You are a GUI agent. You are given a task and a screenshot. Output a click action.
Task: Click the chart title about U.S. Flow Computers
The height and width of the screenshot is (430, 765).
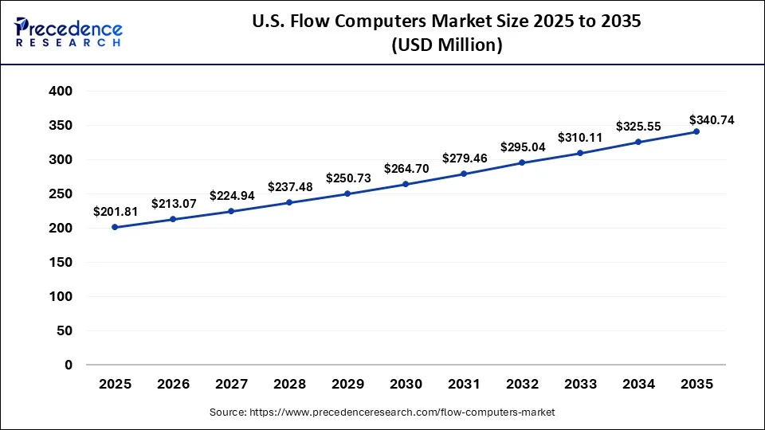tap(445, 22)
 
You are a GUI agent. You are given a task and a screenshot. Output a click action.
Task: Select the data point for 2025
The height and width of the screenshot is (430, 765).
tap(115, 227)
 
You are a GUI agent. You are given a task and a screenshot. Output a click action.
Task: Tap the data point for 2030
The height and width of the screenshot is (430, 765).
tap(406, 184)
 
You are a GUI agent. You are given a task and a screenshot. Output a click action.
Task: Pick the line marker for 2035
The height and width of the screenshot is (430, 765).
tap(696, 131)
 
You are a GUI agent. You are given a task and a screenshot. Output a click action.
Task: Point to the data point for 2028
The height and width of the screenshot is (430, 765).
tap(289, 202)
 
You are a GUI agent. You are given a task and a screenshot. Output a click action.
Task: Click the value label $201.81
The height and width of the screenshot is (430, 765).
tap(116, 212)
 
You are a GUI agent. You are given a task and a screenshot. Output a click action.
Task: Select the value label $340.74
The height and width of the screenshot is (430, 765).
tap(712, 120)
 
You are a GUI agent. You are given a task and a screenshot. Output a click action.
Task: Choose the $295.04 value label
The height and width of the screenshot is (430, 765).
tap(523, 147)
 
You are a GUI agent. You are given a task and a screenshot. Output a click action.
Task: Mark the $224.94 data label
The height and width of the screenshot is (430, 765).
tap(232, 195)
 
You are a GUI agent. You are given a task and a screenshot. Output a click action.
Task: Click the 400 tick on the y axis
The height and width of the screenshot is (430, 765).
tap(62, 92)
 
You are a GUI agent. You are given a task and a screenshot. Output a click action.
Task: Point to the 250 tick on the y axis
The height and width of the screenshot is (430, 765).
tap(62, 194)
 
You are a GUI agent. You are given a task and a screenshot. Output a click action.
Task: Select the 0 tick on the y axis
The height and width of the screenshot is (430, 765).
tap(69, 365)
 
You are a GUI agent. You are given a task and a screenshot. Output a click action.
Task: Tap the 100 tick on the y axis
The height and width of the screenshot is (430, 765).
tap(62, 296)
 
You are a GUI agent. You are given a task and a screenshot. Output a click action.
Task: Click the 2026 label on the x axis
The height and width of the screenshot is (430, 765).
tap(173, 385)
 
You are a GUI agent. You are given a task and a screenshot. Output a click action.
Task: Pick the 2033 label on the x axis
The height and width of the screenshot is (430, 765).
tap(580, 385)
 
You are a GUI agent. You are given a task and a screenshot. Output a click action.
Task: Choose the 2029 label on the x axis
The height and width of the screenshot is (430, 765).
tap(347, 385)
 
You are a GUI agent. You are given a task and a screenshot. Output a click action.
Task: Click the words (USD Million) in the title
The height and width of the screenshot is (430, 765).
tap(445, 46)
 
